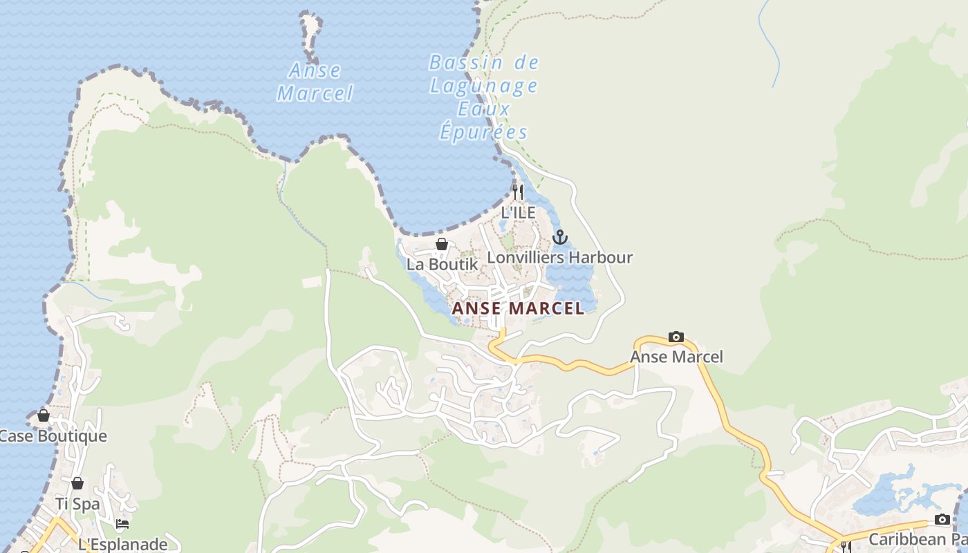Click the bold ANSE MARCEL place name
click(518, 308)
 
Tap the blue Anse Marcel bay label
click(315, 82)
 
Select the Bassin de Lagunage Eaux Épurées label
click(483, 97)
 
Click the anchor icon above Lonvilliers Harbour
click(560, 238)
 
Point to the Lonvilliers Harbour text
click(560, 258)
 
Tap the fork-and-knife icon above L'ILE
click(518, 191)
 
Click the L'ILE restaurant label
click(518, 212)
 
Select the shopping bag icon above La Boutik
click(442, 244)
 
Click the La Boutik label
click(442, 264)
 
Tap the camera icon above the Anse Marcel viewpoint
click(676, 337)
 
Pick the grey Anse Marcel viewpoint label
click(676, 357)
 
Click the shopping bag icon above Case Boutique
click(44, 415)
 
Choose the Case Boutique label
click(53, 436)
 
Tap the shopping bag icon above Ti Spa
click(77, 483)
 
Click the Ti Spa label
click(77, 504)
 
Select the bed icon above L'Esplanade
click(122, 524)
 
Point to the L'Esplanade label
click(122, 544)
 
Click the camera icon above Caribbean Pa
click(942, 519)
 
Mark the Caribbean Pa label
click(917, 539)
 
